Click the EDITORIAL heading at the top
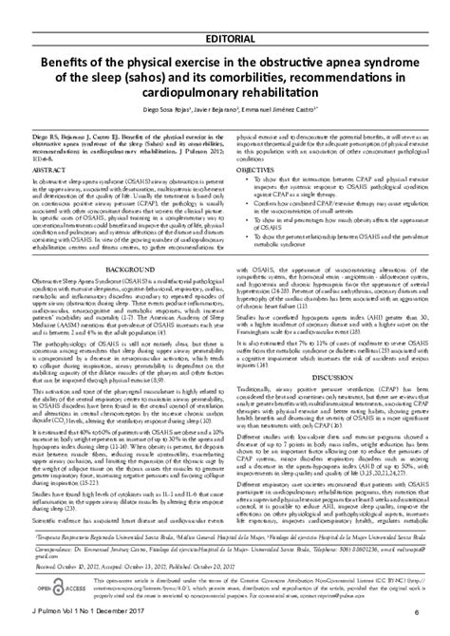(x=225, y=10)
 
